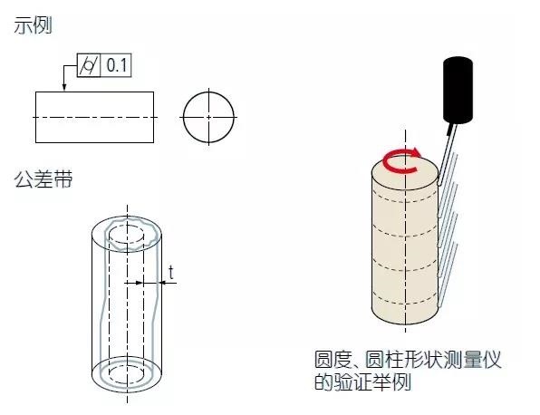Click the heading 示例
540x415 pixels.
pos(33,26)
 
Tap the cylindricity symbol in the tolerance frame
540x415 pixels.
pos(89,65)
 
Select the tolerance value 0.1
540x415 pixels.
pos(117,65)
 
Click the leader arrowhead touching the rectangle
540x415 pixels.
pos(64,87)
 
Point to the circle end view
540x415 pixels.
pos(183,117)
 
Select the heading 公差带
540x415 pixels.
pos(43,179)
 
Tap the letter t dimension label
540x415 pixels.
pos(171,272)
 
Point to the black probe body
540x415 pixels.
pos(458,91)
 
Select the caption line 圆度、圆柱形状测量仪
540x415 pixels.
pos(408,360)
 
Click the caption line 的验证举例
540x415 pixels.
pos(363,381)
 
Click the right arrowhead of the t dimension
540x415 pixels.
pos(162,283)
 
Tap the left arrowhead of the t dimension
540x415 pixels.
pos(139,283)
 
